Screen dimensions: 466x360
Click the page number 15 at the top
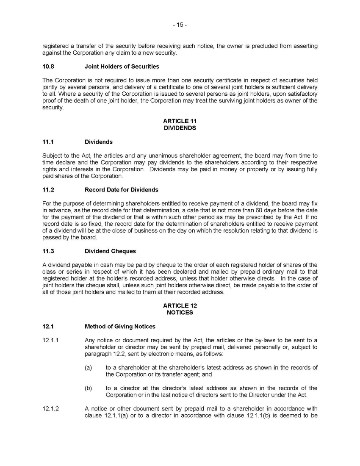(x=180, y=25)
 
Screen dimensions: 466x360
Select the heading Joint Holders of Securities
(x=122, y=67)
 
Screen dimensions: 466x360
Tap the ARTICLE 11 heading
(x=180, y=121)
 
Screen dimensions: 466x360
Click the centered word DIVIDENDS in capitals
(x=180, y=128)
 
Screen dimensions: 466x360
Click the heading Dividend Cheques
(x=110, y=251)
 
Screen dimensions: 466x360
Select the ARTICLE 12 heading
(x=180, y=306)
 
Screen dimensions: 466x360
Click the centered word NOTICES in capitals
(x=180, y=313)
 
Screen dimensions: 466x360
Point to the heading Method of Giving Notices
(x=120, y=327)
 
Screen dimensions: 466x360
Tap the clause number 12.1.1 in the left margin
(x=50, y=340)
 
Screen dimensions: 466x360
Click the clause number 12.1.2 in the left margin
(x=50, y=409)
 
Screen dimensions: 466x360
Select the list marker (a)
(x=88, y=368)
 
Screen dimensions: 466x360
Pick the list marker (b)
(x=88, y=388)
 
